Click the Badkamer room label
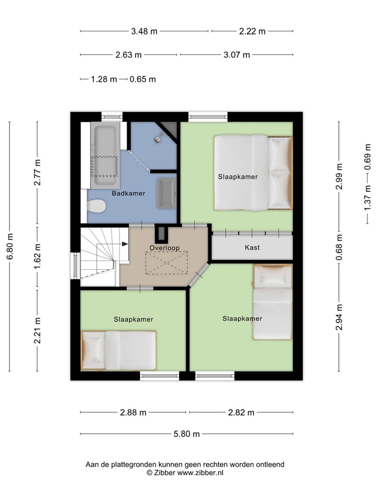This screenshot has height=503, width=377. point(128,193)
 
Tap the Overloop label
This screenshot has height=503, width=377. point(164,247)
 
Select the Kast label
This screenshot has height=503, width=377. point(252,247)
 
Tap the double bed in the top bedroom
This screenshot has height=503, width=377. point(253,173)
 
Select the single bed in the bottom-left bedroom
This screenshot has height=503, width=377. point(119,350)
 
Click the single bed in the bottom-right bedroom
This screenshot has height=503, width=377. point(272,302)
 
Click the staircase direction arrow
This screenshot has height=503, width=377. point(125,244)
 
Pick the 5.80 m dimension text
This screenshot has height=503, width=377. point(187,434)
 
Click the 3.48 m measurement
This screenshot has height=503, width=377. point(144,31)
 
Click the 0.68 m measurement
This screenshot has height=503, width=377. point(339,247)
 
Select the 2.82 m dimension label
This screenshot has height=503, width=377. point(241,412)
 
